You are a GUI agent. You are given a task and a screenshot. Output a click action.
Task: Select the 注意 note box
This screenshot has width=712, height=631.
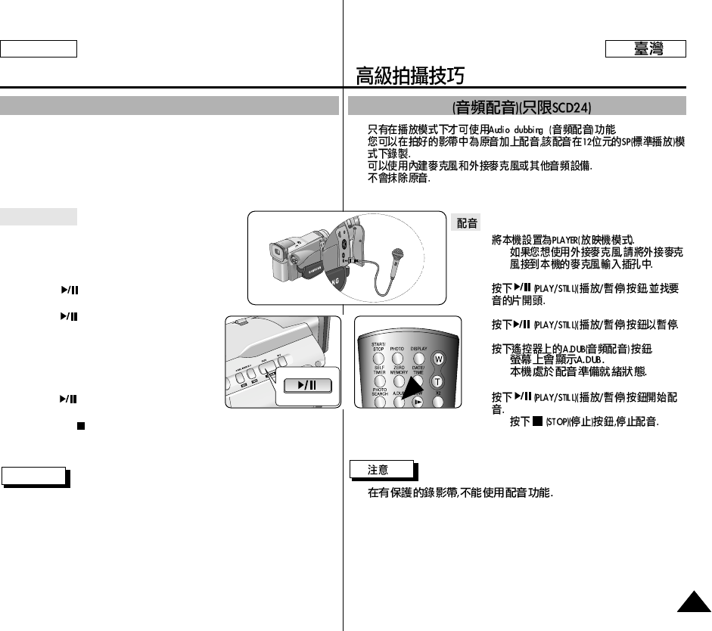381,470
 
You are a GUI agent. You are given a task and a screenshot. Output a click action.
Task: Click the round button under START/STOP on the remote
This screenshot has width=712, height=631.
378,358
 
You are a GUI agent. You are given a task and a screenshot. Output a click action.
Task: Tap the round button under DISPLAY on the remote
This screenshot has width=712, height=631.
418,358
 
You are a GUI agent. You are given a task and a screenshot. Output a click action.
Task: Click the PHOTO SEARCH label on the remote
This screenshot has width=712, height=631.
380,392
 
